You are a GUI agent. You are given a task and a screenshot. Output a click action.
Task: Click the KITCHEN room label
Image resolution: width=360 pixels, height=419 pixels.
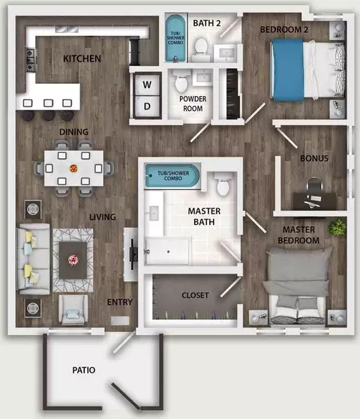click(x=82, y=58)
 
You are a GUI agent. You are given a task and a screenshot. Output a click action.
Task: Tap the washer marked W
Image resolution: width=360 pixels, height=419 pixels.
click(x=147, y=84)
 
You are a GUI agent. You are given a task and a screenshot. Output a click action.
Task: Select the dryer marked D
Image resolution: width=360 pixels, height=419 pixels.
click(x=147, y=106)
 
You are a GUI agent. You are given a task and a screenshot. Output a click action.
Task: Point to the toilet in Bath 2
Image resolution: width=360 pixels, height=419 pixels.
click(x=201, y=46)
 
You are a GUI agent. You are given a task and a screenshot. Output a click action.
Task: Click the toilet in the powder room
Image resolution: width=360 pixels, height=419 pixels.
click(x=181, y=81)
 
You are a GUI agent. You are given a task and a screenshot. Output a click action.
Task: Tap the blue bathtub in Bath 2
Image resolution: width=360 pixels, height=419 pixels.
click(x=175, y=38)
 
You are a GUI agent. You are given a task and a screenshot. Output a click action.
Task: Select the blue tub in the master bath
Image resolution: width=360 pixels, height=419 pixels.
click(x=172, y=175)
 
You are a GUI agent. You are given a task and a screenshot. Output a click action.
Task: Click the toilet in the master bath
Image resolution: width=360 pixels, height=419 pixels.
click(x=223, y=184)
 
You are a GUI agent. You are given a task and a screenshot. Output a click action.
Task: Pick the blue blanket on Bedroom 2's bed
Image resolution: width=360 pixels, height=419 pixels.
click(x=288, y=70)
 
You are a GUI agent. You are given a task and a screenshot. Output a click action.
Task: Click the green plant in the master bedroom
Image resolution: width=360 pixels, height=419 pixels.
click(x=337, y=227)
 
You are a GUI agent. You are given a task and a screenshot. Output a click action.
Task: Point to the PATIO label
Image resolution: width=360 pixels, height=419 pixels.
click(x=84, y=370)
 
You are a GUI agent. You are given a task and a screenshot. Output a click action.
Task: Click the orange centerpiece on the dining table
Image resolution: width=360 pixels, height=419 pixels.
click(x=73, y=169)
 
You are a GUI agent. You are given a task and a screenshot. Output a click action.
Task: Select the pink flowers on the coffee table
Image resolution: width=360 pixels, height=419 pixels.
click(x=73, y=260)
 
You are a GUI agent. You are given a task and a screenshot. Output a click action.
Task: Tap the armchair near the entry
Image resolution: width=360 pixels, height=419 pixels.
click(x=73, y=310)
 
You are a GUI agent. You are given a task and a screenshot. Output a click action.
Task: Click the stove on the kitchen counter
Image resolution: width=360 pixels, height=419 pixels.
click(x=31, y=60)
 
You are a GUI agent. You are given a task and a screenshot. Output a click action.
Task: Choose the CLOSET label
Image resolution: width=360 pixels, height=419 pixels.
click(x=195, y=295)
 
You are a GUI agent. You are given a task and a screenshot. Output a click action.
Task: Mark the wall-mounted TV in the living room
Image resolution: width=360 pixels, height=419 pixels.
click(x=133, y=254)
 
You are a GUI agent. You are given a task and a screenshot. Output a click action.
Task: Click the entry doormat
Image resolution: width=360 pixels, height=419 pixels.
click(x=120, y=320)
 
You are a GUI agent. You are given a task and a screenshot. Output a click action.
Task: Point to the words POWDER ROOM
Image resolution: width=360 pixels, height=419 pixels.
click(x=193, y=103)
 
